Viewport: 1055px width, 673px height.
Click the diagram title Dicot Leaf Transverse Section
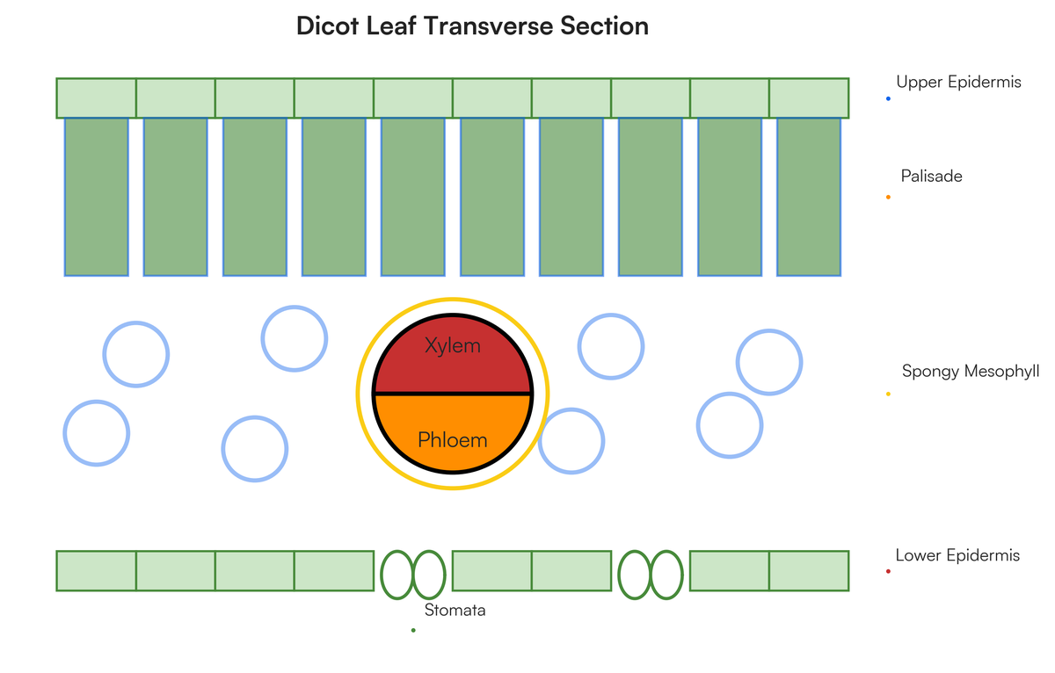coord(472,25)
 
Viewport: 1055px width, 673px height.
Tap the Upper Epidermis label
coord(958,82)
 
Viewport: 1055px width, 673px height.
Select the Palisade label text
coord(931,176)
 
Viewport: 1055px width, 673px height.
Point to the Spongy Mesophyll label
coord(971,372)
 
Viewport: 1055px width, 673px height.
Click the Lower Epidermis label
coord(957,555)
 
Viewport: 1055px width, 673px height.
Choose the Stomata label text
coord(455,610)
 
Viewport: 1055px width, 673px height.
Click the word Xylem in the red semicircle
coord(453,345)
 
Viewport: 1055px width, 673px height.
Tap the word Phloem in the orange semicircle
coord(453,440)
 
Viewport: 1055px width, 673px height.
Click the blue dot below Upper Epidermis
coord(888,98)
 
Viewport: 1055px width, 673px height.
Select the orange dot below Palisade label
coord(888,197)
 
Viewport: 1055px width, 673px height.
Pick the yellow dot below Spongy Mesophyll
coord(888,394)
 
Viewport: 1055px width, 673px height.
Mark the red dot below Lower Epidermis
coord(888,571)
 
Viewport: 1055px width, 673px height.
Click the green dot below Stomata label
coord(413,630)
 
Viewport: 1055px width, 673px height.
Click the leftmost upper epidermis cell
coord(96,98)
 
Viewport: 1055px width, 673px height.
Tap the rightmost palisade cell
coord(809,197)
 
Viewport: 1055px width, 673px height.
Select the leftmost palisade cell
coord(96,197)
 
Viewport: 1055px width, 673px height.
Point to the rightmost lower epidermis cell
coord(809,570)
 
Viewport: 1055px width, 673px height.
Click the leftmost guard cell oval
coord(397,575)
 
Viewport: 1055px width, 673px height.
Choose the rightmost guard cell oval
coord(666,575)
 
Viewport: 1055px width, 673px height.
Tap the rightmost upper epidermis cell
coord(809,98)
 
